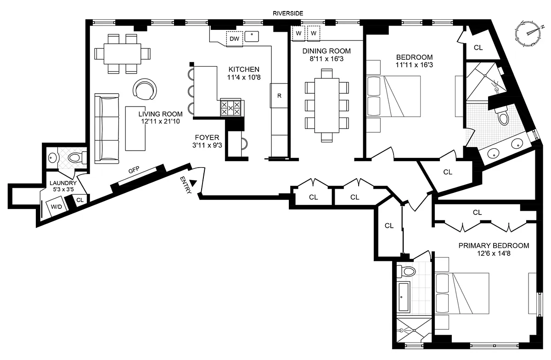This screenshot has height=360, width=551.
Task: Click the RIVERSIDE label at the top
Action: pyautogui.click(x=288, y=13)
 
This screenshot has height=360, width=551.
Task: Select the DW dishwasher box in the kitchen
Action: pyautogui.click(x=235, y=39)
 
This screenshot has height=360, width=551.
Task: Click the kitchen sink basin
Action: pyautogui.click(x=252, y=36)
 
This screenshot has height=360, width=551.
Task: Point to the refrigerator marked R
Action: pyautogui.click(x=279, y=96)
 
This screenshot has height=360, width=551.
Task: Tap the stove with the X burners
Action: pyautogui.click(x=231, y=107)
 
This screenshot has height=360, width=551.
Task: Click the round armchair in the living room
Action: pyautogui.click(x=145, y=90)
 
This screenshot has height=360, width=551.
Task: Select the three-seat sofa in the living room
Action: pyautogui.click(x=107, y=129)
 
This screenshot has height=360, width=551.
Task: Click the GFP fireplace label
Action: pyautogui.click(x=134, y=169)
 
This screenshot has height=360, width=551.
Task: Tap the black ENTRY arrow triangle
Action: pyautogui.click(x=194, y=183)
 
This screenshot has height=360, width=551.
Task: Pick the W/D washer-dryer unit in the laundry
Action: pyautogui.click(x=56, y=206)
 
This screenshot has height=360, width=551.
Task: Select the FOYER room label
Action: pyautogui.click(x=207, y=137)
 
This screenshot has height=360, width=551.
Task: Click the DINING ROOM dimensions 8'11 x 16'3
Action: pyautogui.click(x=326, y=59)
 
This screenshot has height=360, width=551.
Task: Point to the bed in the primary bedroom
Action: pyautogui.click(x=462, y=293)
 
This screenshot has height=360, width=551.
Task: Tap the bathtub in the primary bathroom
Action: pyautogui.click(x=404, y=297)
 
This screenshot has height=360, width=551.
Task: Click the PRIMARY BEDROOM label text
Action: pyautogui.click(x=494, y=246)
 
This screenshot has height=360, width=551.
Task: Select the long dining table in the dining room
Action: pyautogui.click(x=327, y=105)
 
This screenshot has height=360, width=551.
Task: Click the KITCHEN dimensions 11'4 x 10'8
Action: pyautogui.click(x=243, y=77)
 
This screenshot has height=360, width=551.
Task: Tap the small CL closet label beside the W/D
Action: pyautogui.click(x=80, y=200)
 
